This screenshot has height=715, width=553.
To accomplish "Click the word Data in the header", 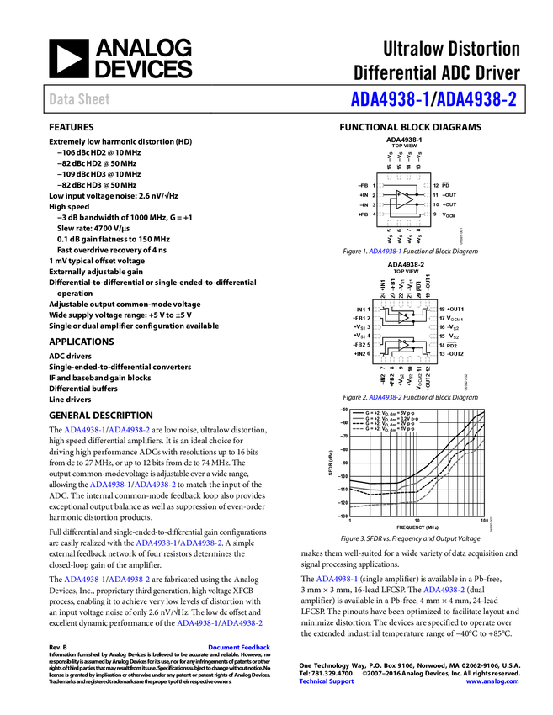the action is [x=59, y=99].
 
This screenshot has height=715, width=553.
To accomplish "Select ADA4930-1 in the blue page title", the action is [x=390, y=99].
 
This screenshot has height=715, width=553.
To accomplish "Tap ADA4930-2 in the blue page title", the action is [x=477, y=99].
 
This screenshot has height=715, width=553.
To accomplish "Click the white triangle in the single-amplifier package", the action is [x=404, y=200].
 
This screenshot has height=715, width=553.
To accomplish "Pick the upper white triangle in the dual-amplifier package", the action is [x=403, y=318].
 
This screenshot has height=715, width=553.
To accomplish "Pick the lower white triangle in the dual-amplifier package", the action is [x=403, y=345].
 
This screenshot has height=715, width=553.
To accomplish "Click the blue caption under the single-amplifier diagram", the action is [x=385, y=251].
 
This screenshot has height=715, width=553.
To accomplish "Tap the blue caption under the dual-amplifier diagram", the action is [x=385, y=396].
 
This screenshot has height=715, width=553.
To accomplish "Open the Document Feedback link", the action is [x=240, y=647].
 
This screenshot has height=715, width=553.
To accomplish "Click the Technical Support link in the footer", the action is [x=327, y=681].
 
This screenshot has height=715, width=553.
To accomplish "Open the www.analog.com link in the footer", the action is [x=492, y=681].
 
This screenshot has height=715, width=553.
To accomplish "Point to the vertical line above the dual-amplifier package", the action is [x=415, y=285].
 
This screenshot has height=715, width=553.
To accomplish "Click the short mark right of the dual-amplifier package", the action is [x=452, y=342].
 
